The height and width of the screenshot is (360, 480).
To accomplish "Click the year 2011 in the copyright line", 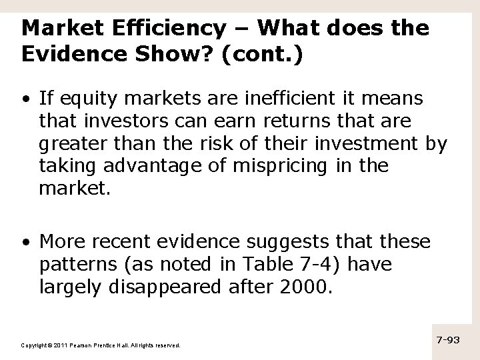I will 59,345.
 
